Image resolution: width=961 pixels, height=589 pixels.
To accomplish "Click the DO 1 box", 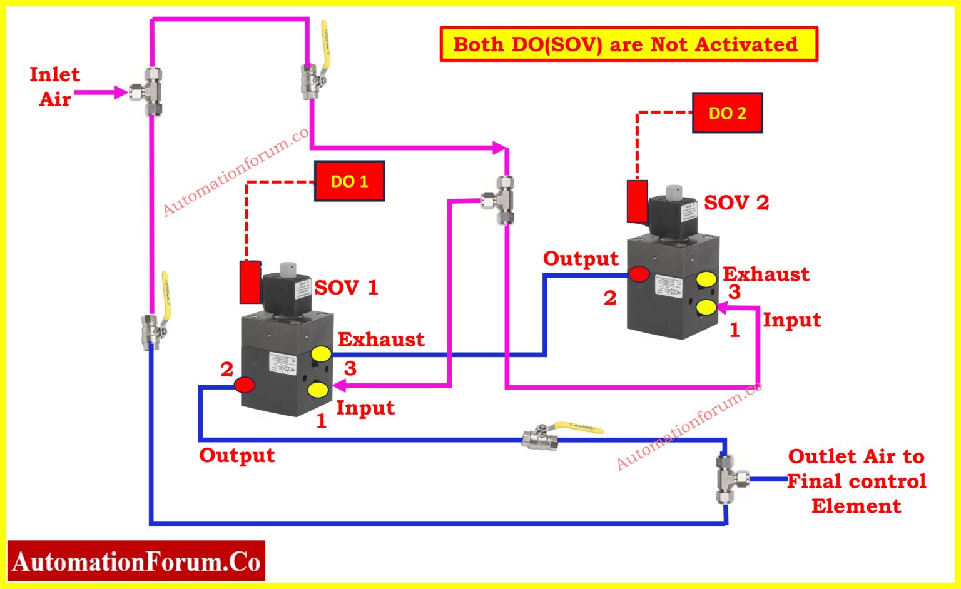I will coord(349,181).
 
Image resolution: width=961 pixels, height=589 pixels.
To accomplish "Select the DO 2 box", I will coord(727,113).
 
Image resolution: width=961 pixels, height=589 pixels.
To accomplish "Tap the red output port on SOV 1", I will coord(244,385).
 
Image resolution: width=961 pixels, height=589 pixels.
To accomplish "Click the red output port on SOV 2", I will coord(638,274).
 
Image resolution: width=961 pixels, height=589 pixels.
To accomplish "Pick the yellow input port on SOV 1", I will coord(318,391).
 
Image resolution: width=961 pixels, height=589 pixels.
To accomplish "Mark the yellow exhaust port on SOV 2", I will coord(707,279).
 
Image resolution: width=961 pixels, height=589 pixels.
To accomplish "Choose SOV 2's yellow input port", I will coord(706,307).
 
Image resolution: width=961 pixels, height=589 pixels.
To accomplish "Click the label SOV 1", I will coord(346,288).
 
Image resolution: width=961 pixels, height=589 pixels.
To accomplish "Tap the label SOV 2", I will coord(736,203).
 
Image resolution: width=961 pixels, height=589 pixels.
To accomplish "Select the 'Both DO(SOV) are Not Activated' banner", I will coord(628,44).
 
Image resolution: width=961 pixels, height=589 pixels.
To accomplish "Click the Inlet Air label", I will coord(54,87).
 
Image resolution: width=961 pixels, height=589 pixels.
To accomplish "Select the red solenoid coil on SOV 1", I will coord(250,281).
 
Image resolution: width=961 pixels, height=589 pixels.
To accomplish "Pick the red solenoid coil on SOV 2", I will coord(637,201).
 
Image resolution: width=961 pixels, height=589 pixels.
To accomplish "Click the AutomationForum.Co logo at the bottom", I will coord(136,561).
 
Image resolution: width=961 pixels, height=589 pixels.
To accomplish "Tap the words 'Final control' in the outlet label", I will coord(856,481).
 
